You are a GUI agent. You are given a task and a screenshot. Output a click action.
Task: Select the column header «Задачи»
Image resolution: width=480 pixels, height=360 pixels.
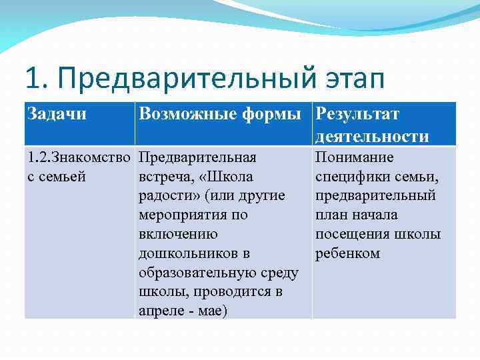click(57, 114)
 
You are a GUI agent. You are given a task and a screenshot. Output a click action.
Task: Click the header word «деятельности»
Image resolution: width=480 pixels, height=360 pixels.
click(372, 136)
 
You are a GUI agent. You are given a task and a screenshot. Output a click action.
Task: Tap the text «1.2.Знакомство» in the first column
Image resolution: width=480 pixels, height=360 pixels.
click(79, 158)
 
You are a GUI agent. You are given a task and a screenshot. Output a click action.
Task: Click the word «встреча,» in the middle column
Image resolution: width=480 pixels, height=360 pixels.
click(167, 177)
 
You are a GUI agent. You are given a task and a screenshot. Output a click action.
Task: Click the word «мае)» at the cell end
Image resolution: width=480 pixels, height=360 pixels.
click(213, 311)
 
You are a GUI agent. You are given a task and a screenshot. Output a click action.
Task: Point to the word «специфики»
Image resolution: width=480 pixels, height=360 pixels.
click(352, 177)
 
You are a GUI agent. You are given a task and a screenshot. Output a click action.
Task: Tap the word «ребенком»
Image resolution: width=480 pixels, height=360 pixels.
click(347, 254)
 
